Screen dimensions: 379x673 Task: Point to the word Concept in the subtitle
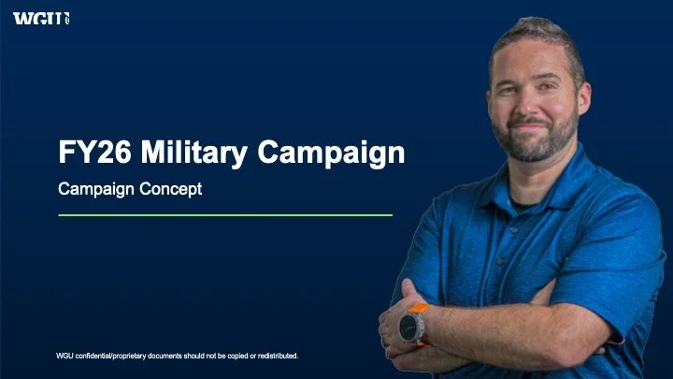click(x=172, y=188)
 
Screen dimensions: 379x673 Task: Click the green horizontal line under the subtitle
click(x=224, y=215)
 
